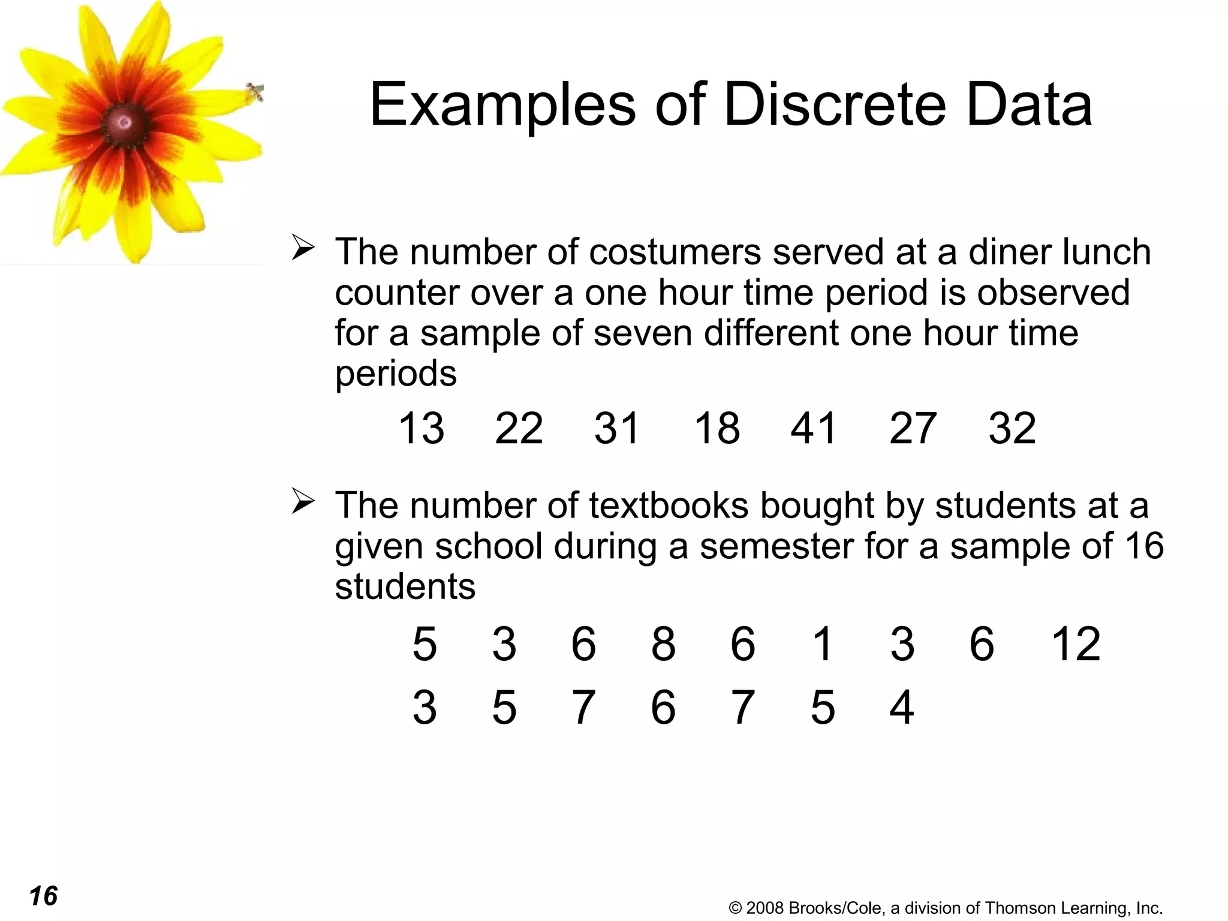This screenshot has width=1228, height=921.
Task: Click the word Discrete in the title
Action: [835, 105]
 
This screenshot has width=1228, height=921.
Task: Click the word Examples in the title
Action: [502, 105]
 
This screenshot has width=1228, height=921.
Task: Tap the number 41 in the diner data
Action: [813, 428]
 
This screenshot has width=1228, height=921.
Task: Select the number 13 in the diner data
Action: [421, 428]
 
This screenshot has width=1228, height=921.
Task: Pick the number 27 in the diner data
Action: [912, 428]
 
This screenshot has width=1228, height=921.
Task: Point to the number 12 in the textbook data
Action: [1076, 644]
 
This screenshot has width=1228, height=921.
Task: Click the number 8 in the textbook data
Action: [663, 644]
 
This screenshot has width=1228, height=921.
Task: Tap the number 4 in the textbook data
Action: [901, 708]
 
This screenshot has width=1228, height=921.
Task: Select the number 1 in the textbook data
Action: [823, 644]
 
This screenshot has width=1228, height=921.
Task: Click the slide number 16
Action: [43, 896]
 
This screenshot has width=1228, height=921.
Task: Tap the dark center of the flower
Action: [125, 123]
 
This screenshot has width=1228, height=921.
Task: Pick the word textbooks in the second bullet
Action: [669, 505]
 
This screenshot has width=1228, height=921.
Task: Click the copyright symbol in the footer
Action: [735, 908]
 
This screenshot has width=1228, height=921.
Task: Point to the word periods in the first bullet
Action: [396, 374]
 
